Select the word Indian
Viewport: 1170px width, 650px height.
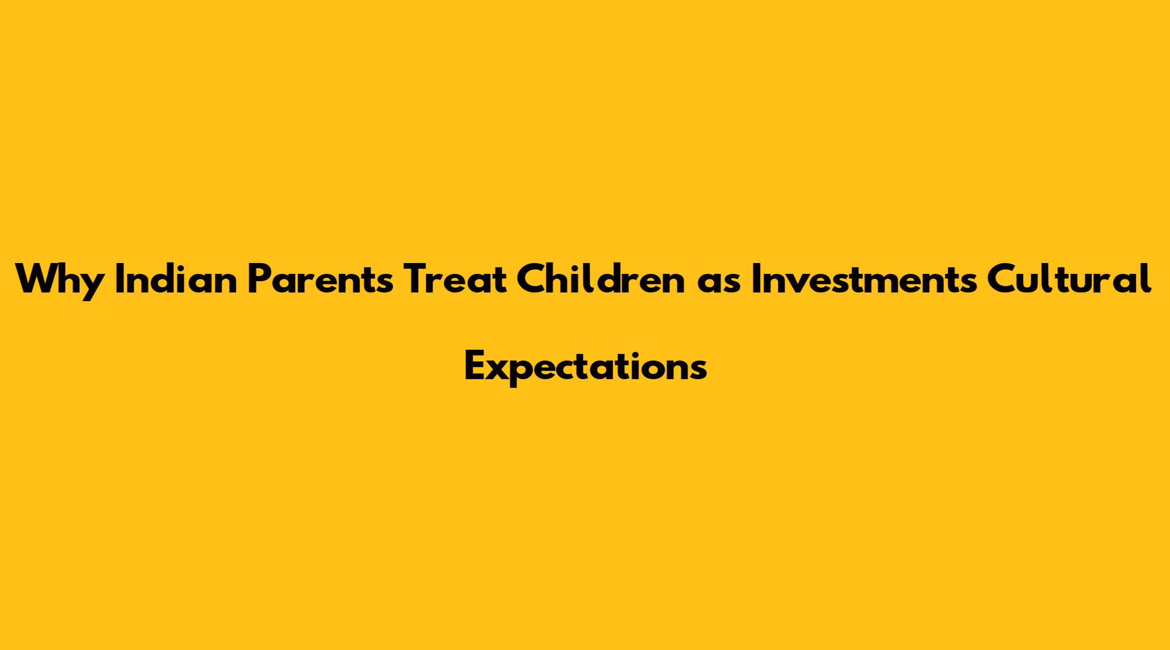[177, 279]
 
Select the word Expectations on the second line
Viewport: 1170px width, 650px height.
[586, 367]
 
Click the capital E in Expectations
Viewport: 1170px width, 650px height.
[475, 367]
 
